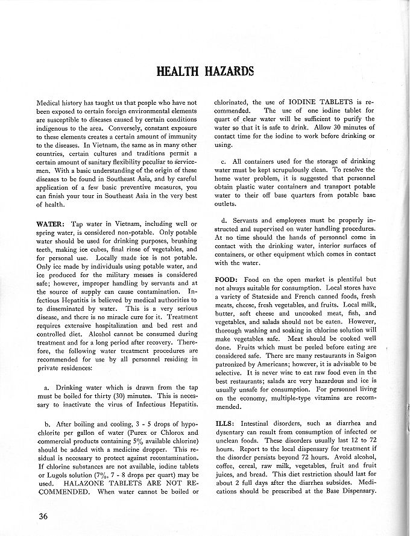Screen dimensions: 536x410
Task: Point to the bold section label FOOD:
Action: [227, 280]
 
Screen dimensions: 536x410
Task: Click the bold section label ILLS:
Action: [225, 423]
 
